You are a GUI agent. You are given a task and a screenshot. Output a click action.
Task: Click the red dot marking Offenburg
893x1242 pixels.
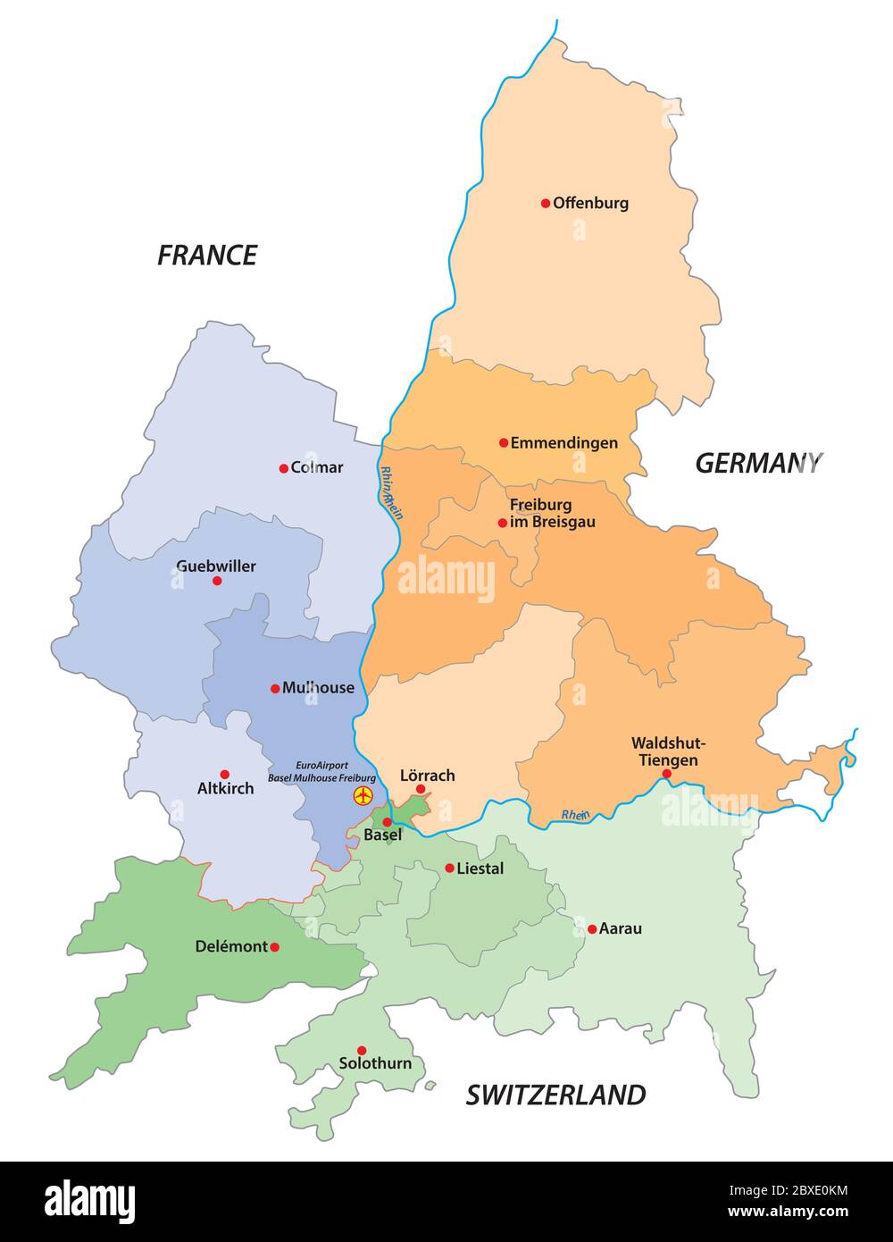coord(546,203)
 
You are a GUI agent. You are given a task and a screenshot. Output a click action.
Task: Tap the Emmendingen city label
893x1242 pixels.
coord(563,442)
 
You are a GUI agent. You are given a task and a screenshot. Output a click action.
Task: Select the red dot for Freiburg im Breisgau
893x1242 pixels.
coord(503,523)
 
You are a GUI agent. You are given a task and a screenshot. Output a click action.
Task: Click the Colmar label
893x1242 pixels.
coord(317,467)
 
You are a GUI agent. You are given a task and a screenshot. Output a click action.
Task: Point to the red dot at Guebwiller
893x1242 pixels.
coord(217,581)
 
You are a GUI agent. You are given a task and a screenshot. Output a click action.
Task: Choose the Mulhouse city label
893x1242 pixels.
coord(318,688)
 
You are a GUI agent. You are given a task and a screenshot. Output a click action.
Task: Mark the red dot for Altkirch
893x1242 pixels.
coord(225,775)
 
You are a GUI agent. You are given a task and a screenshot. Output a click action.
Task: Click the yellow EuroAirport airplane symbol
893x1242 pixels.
coord(363,795)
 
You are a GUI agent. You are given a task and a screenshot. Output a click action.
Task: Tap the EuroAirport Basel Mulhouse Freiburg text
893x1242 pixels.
coord(321,772)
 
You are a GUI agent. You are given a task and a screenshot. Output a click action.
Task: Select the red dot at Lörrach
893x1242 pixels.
coord(421,789)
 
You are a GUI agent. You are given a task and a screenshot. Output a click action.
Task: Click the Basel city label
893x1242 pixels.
coord(383,835)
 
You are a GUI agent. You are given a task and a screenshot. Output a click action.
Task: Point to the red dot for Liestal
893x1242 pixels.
coord(449,868)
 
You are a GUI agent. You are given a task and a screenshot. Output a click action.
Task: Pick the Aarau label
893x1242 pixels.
coord(620,928)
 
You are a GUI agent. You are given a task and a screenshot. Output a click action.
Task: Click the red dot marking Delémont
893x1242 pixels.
coord(274,947)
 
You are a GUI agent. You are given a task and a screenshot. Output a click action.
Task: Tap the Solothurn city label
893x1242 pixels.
coord(375,1063)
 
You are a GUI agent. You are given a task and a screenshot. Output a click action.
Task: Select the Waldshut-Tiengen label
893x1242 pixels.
coord(667,751)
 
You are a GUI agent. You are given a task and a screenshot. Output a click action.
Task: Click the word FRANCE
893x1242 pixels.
coord(207,256)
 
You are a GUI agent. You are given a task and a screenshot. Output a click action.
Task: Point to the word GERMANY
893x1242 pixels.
coord(758,463)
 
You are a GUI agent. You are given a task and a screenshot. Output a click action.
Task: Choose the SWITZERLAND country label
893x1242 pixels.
coord(555,1095)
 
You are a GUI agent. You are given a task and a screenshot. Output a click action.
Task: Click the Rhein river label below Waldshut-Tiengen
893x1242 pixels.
coord(575,814)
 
